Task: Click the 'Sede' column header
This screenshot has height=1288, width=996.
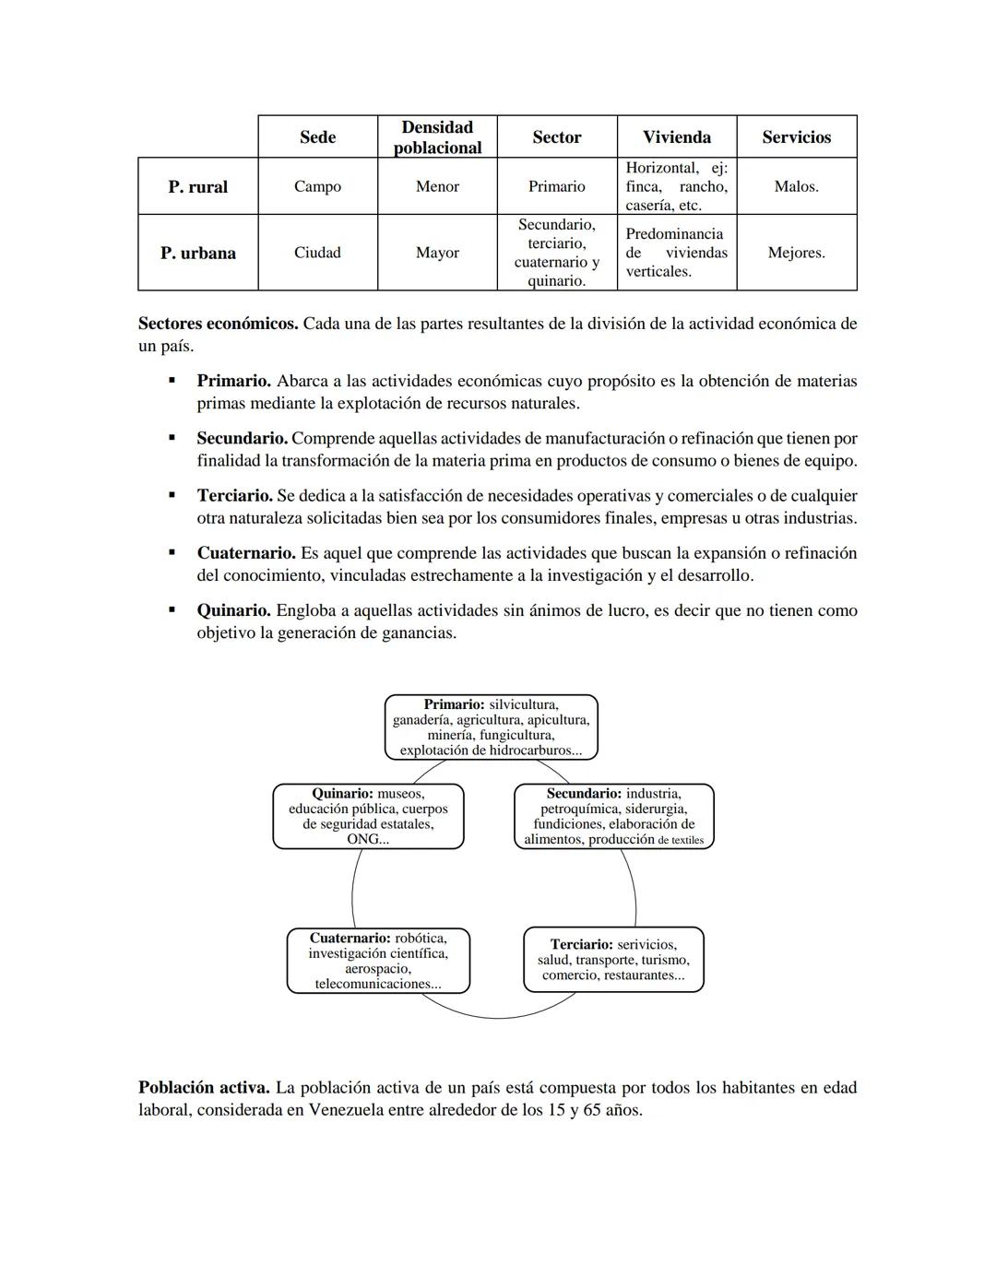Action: click(317, 137)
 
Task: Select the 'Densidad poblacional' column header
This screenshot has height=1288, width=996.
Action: click(437, 137)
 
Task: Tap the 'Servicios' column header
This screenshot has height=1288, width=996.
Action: click(796, 137)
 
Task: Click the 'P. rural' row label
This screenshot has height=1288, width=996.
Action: click(197, 186)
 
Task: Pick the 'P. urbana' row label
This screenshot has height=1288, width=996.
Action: click(197, 253)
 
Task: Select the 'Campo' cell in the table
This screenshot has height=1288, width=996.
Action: click(317, 186)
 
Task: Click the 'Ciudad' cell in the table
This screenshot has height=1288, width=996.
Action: click(317, 253)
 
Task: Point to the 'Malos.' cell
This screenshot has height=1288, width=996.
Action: click(796, 186)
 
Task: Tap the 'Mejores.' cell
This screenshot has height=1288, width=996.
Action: click(796, 253)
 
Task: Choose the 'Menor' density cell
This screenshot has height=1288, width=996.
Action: click(437, 186)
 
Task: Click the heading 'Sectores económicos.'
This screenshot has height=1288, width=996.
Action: click(218, 324)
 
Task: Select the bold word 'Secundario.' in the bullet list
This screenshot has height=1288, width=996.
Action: click(242, 439)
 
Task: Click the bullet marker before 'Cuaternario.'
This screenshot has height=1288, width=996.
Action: click(172, 553)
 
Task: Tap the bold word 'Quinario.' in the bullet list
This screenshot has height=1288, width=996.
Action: click(233, 610)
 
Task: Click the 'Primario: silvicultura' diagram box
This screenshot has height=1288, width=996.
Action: click(491, 727)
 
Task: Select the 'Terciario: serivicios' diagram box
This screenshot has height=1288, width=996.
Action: click(613, 960)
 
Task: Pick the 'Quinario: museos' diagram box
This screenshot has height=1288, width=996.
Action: click(368, 816)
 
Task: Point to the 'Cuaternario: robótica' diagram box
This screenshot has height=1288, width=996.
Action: click(378, 961)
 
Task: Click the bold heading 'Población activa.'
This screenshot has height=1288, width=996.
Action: click(204, 1088)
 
